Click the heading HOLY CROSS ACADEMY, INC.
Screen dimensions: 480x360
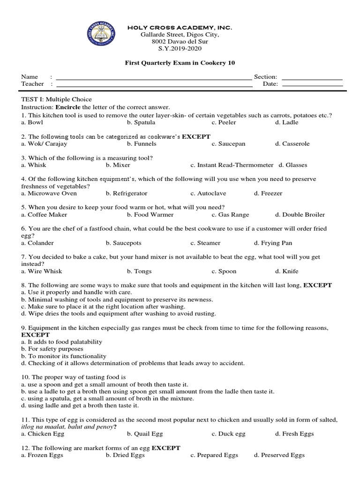180,28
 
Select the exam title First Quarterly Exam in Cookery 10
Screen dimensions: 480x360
180,63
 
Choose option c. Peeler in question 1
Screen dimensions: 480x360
224,122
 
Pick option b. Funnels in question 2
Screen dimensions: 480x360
143,144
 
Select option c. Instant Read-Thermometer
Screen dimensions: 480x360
232,165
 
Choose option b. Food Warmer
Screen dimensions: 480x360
150,215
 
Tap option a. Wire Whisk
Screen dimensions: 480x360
42,271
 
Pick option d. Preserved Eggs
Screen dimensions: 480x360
279,455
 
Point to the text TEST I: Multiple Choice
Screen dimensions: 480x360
56,99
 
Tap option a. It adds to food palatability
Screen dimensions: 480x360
61,342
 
